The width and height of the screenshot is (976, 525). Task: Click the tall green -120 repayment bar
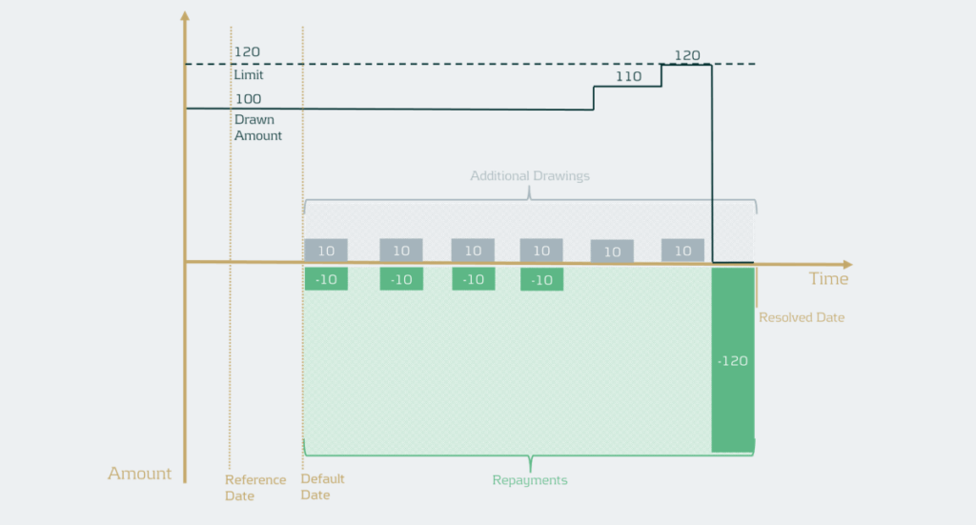(732, 360)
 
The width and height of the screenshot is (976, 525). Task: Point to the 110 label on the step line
(628, 76)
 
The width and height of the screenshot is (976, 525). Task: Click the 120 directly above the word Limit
(247, 51)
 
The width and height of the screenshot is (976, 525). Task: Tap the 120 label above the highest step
(686, 55)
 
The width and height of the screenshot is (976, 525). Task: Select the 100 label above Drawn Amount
(247, 98)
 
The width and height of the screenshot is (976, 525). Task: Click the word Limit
(248, 74)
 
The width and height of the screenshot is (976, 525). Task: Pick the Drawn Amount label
(258, 128)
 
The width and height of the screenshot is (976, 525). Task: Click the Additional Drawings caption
(530, 176)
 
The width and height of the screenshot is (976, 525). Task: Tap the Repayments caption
(530, 480)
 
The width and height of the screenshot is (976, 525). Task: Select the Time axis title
(828, 279)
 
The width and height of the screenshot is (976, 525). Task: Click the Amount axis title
(139, 474)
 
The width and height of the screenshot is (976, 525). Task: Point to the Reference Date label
(255, 487)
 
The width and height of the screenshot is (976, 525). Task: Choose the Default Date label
(322, 487)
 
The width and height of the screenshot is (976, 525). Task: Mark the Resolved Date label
(802, 317)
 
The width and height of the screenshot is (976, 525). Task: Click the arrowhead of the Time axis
(847, 264)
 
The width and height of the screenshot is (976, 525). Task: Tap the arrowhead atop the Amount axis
(185, 16)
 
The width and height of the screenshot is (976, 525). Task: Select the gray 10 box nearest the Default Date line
(326, 251)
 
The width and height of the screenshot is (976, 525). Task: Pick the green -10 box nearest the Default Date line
(326, 279)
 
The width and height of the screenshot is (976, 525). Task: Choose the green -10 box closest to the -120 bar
(541, 280)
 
